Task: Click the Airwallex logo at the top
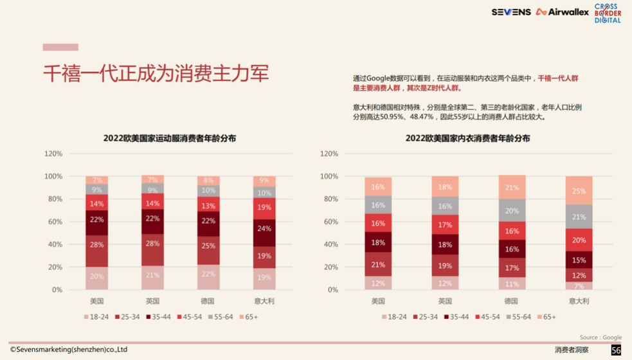point(562,12)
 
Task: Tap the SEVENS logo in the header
point(511,12)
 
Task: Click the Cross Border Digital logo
point(608,14)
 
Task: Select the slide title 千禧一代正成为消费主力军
point(156,73)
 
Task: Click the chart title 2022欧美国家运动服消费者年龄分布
point(170,138)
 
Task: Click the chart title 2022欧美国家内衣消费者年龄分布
point(467,138)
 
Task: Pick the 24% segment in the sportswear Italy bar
point(264,229)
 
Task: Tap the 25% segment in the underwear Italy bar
point(579,191)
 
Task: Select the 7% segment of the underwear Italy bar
point(579,286)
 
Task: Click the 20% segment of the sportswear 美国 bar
point(96,277)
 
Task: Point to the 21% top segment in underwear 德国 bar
point(512,188)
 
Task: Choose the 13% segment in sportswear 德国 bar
point(208,206)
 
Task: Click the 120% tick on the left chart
point(53,154)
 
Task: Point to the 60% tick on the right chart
point(329,222)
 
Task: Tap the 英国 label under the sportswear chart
point(152,301)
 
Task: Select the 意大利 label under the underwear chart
point(579,301)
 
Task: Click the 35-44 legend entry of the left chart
point(157,317)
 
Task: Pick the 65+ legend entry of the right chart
point(546,317)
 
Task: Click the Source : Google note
point(600,337)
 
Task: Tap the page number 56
point(616,350)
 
